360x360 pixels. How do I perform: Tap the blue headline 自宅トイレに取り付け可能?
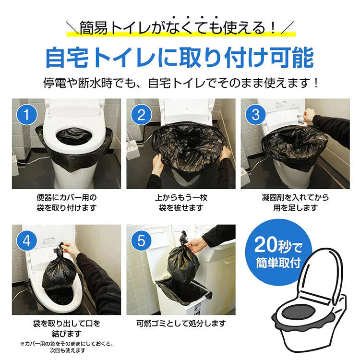click(180, 58)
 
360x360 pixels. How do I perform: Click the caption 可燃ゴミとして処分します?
click(180, 324)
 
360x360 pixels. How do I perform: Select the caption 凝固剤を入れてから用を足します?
click(295, 203)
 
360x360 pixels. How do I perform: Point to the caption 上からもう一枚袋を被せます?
click(180, 203)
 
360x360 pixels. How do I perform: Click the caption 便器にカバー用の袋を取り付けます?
click(66, 203)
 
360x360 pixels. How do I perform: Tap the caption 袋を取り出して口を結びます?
click(66, 328)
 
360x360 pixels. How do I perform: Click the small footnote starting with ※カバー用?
click(66, 348)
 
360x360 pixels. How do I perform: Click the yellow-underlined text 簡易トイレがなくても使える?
click(180, 28)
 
